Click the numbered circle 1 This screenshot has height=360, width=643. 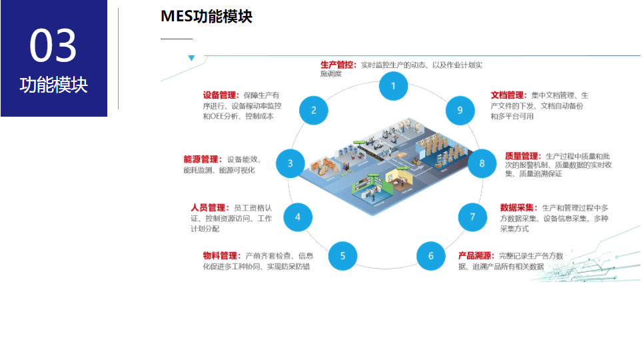click(x=393, y=86)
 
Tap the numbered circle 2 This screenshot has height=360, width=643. click(x=314, y=111)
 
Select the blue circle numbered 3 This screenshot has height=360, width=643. click(x=290, y=163)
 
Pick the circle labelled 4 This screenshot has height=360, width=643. click(x=298, y=217)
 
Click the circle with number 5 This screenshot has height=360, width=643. click(x=342, y=255)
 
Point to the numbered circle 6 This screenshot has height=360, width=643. click(x=431, y=256)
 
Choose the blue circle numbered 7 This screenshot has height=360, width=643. click(x=472, y=217)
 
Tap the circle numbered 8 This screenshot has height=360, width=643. click(x=482, y=164)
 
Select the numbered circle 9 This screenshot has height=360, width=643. click(x=460, y=111)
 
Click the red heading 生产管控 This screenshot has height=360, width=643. click(x=338, y=65)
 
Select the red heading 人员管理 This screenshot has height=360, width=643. click(x=209, y=207)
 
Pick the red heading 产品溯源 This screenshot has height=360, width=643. click(x=476, y=255)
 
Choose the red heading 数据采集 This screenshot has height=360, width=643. click(x=518, y=207)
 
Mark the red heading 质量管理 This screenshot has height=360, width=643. click(x=523, y=156)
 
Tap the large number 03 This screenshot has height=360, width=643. click(x=53, y=46)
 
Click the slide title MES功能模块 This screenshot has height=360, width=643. click(x=207, y=17)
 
